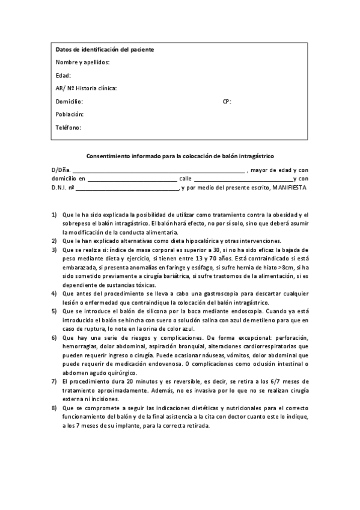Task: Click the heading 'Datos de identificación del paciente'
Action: [x=105, y=49]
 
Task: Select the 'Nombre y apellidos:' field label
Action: [x=82, y=63]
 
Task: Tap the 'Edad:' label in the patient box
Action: [x=63, y=76]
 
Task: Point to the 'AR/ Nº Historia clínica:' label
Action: [x=86, y=88]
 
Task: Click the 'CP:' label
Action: [x=227, y=102]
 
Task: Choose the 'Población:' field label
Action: [x=70, y=114]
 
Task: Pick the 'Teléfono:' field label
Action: [x=69, y=127]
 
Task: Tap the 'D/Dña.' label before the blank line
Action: [x=61, y=170]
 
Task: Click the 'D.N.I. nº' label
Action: [x=63, y=188]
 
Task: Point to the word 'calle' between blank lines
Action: [x=185, y=179]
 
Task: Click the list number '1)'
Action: [x=54, y=215]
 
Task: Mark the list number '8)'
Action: [x=54, y=408]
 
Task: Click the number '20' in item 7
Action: [x=130, y=382]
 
